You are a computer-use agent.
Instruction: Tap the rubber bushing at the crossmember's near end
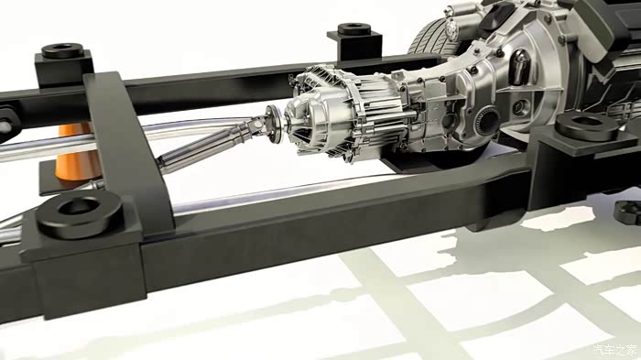coord(80,213)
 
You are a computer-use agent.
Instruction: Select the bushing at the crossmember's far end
coord(62,50)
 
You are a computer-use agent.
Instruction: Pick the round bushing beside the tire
coord(354,29)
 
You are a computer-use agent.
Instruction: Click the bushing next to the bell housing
coord(587,125)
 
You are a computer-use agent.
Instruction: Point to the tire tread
coord(430,38)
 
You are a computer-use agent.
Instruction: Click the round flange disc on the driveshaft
coord(274,124)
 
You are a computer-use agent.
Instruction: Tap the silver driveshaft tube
coord(204,144)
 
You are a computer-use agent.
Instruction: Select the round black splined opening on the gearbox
coord(487,120)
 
